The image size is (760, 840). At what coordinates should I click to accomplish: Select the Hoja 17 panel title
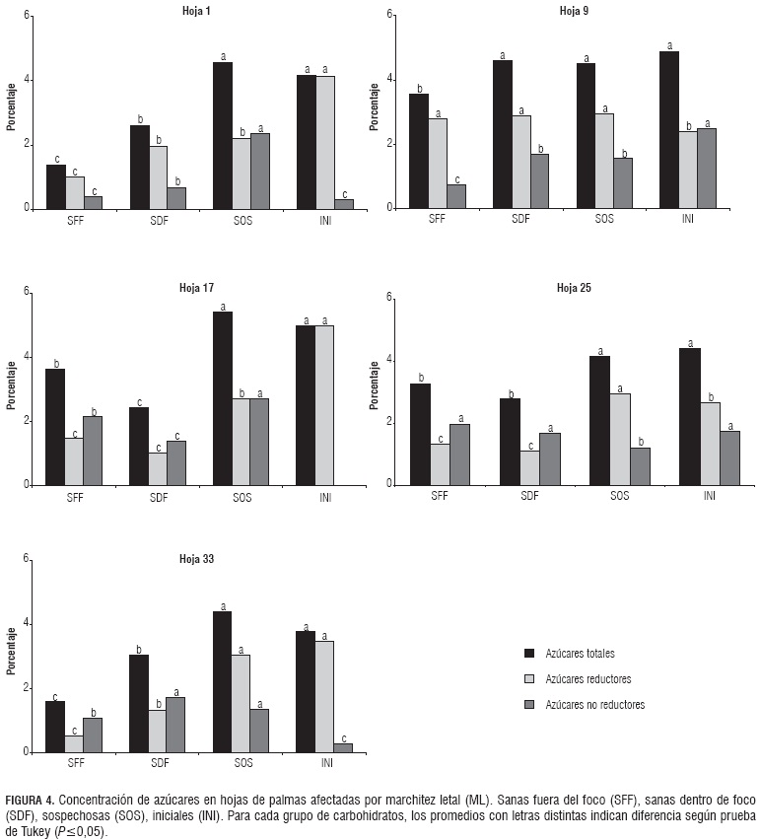pyautogui.click(x=196, y=288)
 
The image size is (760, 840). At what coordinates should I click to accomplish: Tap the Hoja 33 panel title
pyautogui.click(x=196, y=558)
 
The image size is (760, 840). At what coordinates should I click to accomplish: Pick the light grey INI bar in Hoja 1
pyautogui.click(x=324, y=142)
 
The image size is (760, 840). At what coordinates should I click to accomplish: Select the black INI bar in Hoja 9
pyautogui.click(x=669, y=129)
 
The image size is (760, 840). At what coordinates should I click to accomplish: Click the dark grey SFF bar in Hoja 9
pyautogui.click(x=456, y=196)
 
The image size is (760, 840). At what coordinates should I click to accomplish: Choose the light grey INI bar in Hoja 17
pyautogui.click(x=324, y=405)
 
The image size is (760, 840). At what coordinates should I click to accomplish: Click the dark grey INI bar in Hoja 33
pyautogui.click(x=343, y=747)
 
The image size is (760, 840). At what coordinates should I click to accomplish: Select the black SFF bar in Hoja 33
pyautogui.click(x=55, y=727)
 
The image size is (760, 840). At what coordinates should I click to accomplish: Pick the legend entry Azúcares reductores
pyautogui.click(x=582, y=679)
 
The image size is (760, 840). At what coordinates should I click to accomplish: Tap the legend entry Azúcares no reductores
pyautogui.click(x=587, y=705)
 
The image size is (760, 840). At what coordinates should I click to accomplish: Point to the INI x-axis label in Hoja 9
pyautogui.click(x=688, y=218)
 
